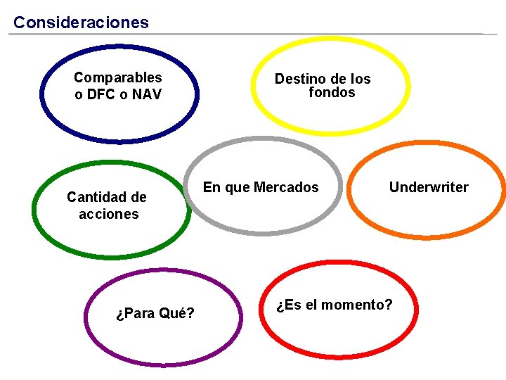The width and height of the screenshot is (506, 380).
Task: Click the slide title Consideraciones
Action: (81, 23)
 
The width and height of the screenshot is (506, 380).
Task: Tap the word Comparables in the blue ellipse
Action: (117, 77)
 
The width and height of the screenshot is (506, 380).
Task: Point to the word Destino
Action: (298, 79)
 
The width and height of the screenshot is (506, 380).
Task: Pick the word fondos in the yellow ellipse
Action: (332, 92)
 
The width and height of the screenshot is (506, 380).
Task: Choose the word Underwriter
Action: (429, 187)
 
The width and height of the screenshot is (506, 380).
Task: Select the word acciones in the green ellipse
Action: (108, 214)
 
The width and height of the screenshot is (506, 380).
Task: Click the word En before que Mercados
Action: (212, 188)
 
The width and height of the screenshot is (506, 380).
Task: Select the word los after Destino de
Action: (359, 79)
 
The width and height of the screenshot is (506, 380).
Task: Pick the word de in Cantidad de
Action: (138, 197)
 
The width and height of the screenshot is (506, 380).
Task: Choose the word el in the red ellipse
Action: (311, 305)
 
